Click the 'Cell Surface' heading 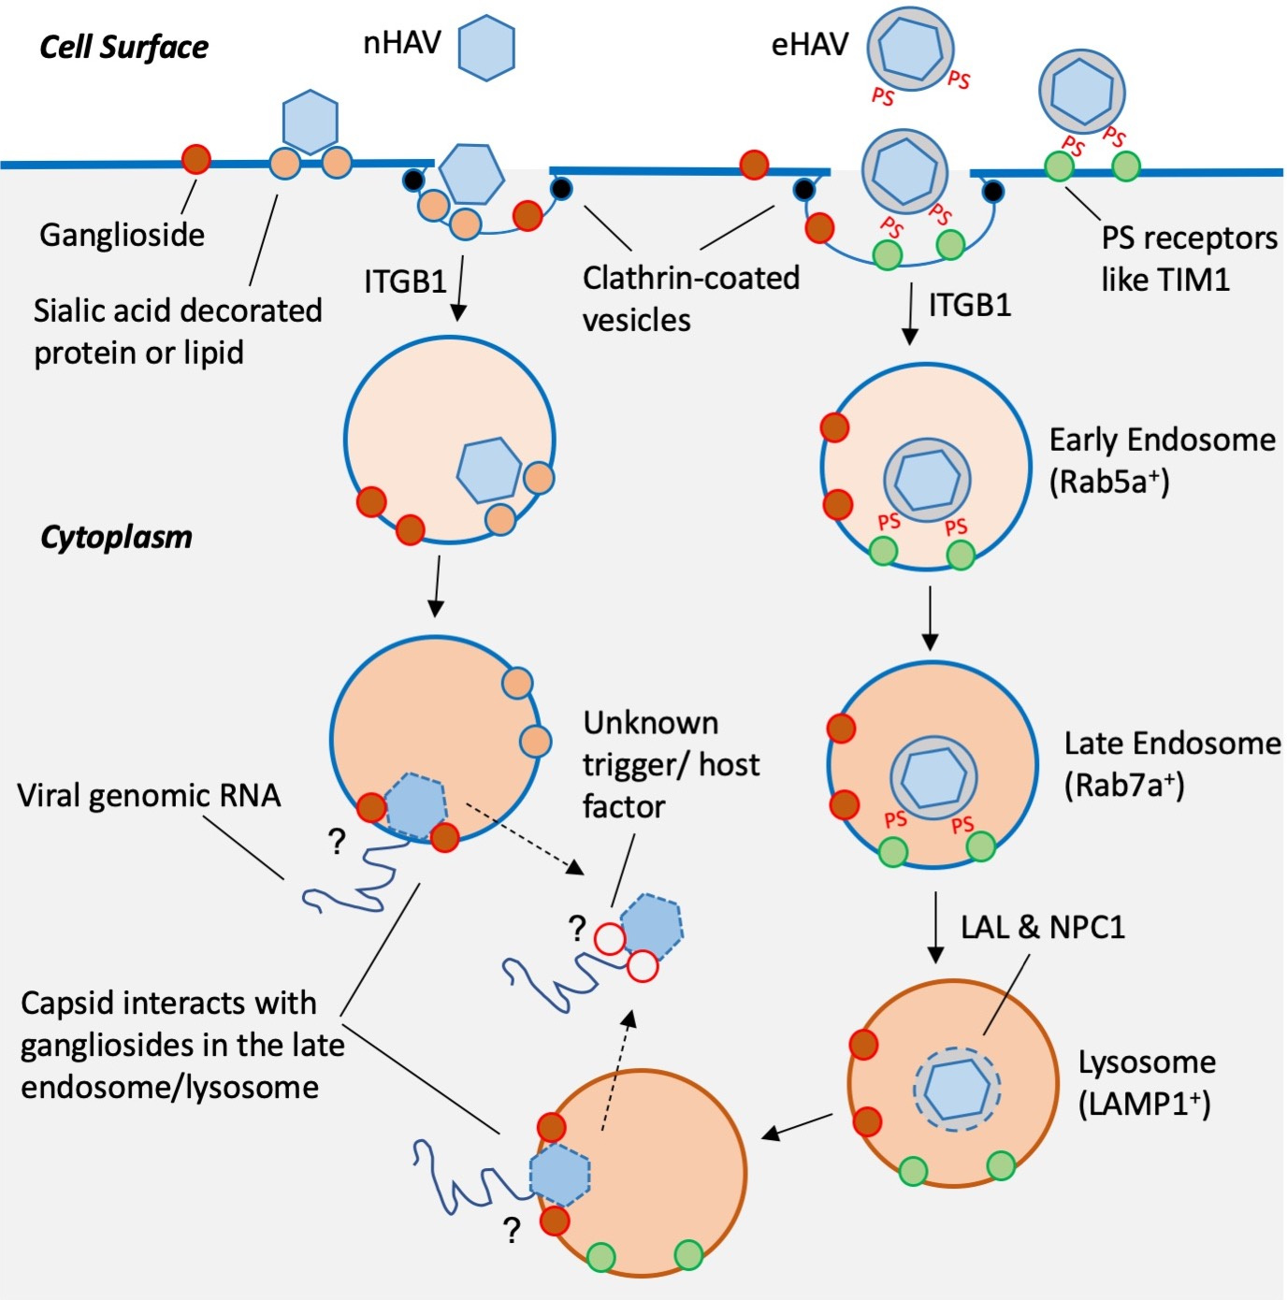pos(123,47)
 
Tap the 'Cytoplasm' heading pos(116,537)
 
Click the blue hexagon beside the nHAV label pos(486,47)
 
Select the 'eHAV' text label pos(809,45)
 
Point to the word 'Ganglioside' pos(122,235)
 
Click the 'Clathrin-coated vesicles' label pos(690,298)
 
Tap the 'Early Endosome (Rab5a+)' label pos(1161,460)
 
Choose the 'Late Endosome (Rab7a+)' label pos(1172,763)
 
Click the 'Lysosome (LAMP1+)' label pos(1147,1083)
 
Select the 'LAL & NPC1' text pos(1043,927)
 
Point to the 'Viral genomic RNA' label pos(149,796)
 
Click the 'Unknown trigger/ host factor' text pos(671,765)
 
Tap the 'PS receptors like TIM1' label pos(1189,259)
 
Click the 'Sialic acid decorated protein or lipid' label pos(178,331)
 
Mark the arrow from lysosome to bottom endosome pos(797,1126)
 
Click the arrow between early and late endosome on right pos(929,617)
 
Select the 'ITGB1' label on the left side pos(405,281)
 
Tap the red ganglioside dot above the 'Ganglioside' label pos(195,159)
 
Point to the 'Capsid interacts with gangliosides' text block pos(181,1045)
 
